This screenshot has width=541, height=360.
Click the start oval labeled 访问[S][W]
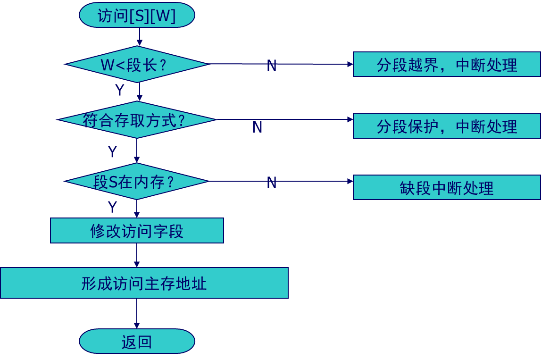[x=137, y=16]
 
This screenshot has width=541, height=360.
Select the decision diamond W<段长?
[x=137, y=64]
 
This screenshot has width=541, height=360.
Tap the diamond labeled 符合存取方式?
[x=137, y=120]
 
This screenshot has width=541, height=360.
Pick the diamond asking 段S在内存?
[x=137, y=181]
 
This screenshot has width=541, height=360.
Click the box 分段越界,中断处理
[x=446, y=65]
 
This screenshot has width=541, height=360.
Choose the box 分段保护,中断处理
[x=446, y=126]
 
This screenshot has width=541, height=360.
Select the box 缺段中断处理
[x=446, y=187]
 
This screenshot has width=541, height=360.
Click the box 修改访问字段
[x=137, y=231]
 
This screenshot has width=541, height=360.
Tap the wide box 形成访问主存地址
[x=144, y=283]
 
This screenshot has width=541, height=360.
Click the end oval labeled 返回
[x=137, y=341]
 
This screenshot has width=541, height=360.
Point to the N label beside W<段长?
[x=271, y=66]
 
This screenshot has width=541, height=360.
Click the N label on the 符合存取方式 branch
[x=258, y=127]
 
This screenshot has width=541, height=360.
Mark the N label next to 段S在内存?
[x=271, y=183]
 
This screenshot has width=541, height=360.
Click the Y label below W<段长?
[x=120, y=90]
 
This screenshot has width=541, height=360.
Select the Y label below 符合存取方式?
[x=112, y=151]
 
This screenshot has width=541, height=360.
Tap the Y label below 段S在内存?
[x=112, y=207]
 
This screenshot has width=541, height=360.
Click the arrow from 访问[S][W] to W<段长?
[x=139, y=37]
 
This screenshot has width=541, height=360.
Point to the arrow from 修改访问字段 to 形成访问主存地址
[x=137, y=255]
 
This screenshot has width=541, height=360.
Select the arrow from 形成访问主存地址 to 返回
[x=137, y=313]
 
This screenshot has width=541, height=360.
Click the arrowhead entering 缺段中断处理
[x=350, y=181]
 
